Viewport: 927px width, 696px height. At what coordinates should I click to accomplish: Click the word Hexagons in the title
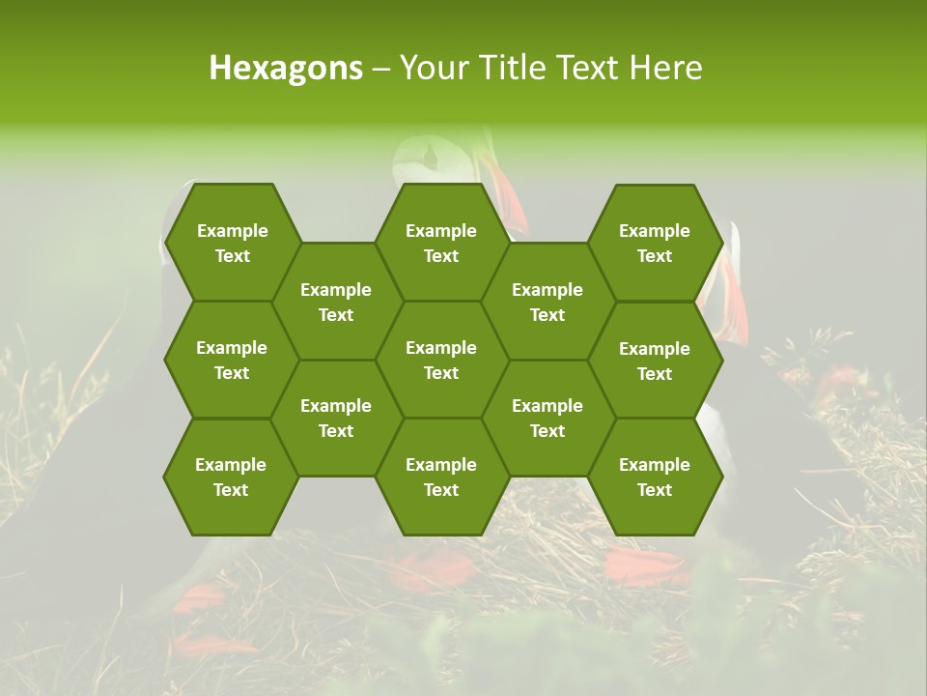(x=286, y=68)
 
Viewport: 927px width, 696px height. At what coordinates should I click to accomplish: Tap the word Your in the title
(x=432, y=68)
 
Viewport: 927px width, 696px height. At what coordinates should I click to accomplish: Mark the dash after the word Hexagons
(x=381, y=69)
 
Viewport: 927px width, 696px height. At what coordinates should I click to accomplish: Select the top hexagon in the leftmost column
(x=232, y=243)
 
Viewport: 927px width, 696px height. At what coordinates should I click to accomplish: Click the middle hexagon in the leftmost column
(x=232, y=360)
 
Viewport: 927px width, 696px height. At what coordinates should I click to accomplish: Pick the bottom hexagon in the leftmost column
(x=231, y=477)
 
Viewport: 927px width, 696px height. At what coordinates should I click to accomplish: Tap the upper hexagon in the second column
(x=336, y=302)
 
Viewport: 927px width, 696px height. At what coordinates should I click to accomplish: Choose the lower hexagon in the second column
(x=336, y=418)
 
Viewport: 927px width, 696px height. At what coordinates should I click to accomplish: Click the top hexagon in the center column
(x=441, y=243)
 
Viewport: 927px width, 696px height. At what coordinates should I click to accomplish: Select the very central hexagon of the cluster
(x=441, y=360)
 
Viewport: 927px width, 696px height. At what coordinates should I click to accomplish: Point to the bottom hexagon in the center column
(x=441, y=477)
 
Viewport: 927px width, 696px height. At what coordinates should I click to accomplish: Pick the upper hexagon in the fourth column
(x=548, y=302)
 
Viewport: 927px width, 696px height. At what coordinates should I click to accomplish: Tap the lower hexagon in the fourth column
(x=548, y=418)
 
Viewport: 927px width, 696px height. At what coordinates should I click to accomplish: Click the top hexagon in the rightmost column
(x=655, y=243)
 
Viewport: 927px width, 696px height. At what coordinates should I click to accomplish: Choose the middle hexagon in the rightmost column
(x=655, y=361)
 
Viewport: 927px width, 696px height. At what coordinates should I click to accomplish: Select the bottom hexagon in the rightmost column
(x=655, y=477)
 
